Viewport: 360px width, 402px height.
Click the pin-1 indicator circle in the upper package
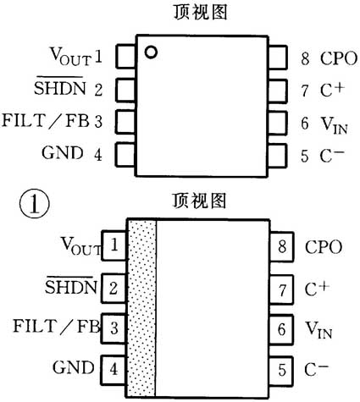click(x=150, y=52)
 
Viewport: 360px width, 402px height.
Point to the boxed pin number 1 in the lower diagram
click(x=114, y=246)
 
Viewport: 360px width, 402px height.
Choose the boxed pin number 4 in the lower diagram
click(x=114, y=369)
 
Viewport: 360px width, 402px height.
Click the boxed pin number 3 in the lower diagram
click(x=114, y=328)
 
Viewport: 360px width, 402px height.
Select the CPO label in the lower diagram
click(x=324, y=247)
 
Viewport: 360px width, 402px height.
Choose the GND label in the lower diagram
click(x=72, y=369)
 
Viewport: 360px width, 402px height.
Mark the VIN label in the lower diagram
click(x=318, y=328)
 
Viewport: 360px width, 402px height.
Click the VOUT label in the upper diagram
click(x=67, y=58)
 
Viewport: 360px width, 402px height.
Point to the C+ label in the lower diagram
click(x=316, y=288)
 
